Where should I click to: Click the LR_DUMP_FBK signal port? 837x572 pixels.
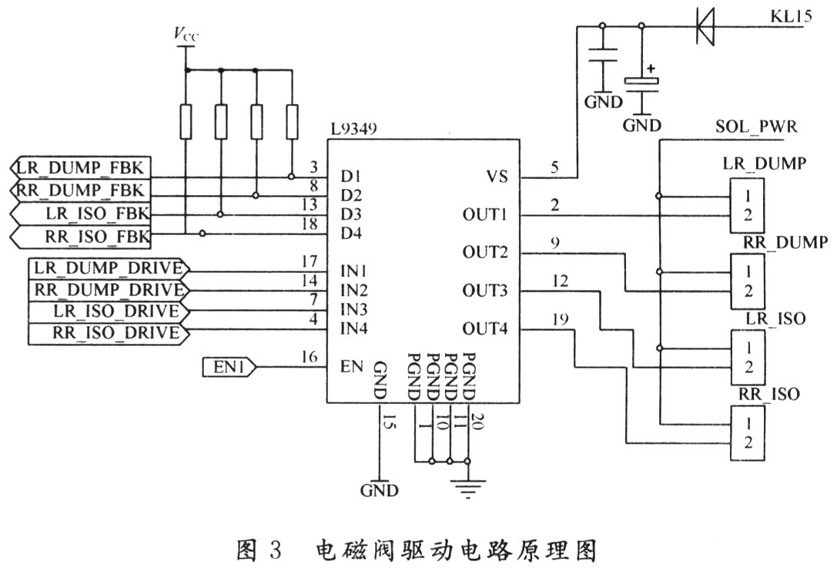82,167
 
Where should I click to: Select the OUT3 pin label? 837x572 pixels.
485,291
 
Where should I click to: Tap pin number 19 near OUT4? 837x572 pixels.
561,318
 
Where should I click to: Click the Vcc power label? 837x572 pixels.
186,33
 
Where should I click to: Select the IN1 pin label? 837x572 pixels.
353,271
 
